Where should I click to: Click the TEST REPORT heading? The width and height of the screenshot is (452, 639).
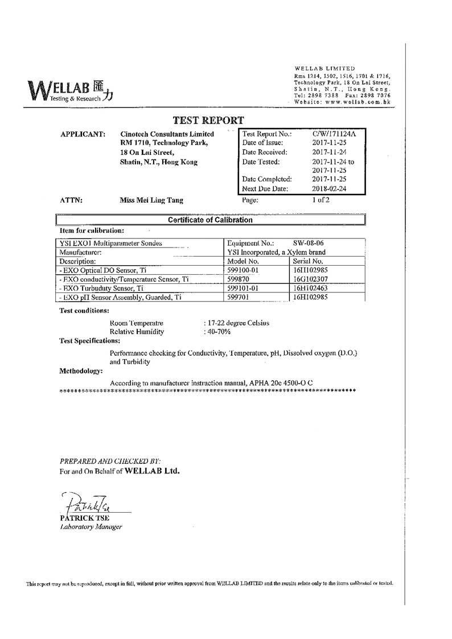208,120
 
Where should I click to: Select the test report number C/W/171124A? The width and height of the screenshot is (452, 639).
334,134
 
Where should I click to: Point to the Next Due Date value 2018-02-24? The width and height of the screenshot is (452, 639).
330,188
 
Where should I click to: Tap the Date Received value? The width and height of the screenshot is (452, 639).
330,152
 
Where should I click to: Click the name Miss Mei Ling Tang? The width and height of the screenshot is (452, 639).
151,200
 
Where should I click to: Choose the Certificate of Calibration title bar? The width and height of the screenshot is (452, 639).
210,220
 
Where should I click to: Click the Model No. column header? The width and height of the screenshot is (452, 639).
243,261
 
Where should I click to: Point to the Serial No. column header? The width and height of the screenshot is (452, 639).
308,261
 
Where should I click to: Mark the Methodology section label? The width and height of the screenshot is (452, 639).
81,371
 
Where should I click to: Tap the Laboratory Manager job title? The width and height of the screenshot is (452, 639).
91,527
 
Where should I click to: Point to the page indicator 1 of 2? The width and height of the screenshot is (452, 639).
320,200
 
